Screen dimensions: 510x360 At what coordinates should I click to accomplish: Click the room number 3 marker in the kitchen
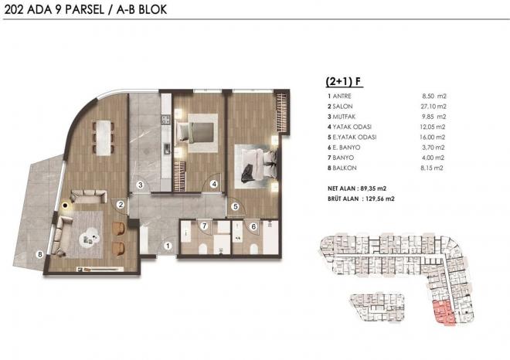[x=140, y=185]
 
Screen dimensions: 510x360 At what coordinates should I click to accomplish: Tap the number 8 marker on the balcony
[x=40, y=254]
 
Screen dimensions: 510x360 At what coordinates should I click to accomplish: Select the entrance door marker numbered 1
[x=168, y=246]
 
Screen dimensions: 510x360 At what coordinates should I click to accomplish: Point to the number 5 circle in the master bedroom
[x=236, y=206]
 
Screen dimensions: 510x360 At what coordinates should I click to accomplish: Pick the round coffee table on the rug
[x=89, y=238]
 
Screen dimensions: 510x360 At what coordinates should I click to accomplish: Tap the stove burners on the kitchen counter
[x=166, y=119]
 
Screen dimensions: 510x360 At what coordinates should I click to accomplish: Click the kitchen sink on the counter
[x=167, y=148]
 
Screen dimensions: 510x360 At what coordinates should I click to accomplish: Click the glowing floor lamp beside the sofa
[x=66, y=205]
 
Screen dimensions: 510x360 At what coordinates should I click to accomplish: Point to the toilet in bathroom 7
[x=202, y=250]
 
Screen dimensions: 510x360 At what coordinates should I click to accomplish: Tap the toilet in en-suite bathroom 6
[x=254, y=250]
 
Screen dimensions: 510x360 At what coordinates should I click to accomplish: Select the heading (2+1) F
[x=344, y=82]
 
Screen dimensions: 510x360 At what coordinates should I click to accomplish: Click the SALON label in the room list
[x=342, y=107]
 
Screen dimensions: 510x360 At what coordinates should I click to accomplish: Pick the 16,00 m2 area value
[x=432, y=138]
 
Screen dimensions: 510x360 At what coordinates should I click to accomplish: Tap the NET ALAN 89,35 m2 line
[x=357, y=188]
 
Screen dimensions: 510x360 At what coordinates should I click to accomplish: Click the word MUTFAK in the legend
[x=344, y=117]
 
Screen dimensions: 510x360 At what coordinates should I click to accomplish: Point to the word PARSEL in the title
[x=84, y=9]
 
